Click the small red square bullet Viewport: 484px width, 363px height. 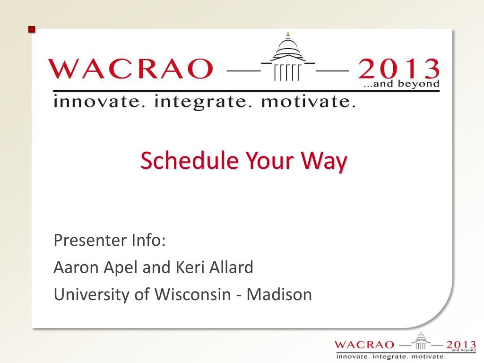[32, 30]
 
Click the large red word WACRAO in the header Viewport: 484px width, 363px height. [131, 69]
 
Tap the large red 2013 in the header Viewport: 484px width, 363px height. [398, 69]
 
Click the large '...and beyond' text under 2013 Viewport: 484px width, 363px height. [401, 84]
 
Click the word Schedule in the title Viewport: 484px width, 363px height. [190, 160]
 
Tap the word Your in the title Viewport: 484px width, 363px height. [270, 161]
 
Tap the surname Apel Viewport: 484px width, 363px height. [121, 268]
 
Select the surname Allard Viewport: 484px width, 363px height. [231, 268]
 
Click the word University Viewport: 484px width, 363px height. [92, 295]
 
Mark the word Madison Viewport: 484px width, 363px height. [279, 294]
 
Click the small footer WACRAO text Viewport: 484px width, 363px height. [364, 345]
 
